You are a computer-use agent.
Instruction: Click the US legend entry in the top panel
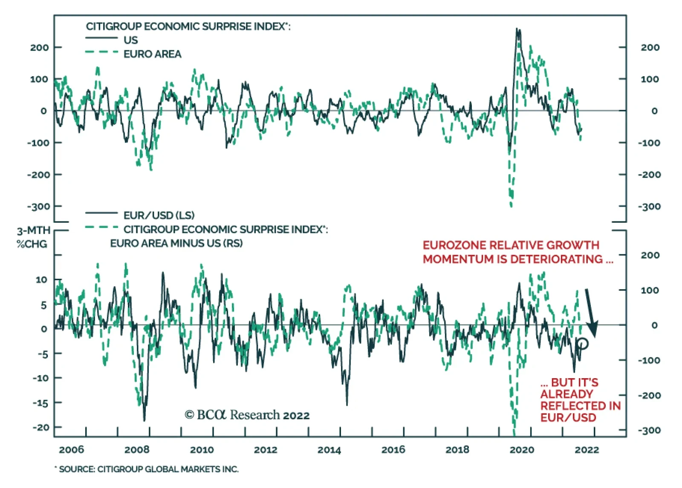tap(130, 40)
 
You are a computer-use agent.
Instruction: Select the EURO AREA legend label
tap(152, 54)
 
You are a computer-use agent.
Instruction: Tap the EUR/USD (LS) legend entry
tap(159, 215)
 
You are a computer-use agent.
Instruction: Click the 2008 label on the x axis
tap(137, 450)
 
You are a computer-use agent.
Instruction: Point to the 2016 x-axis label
tap(393, 450)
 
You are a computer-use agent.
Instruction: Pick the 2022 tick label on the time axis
tap(587, 450)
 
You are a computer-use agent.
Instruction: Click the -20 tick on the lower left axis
tap(41, 427)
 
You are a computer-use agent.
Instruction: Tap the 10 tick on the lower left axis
tap(41, 280)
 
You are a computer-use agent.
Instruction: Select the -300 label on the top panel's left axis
tap(38, 207)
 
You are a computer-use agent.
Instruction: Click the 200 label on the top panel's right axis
tap(650, 47)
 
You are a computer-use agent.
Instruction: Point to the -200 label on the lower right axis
tap(649, 395)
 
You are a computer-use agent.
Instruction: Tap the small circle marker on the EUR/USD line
tap(583, 343)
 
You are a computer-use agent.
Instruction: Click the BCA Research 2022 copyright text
tap(247, 415)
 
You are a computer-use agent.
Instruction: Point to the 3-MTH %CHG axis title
tap(33, 237)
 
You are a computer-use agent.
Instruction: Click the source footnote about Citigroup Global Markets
tap(147, 469)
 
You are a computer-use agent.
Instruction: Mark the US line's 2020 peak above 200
tap(517, 30)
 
